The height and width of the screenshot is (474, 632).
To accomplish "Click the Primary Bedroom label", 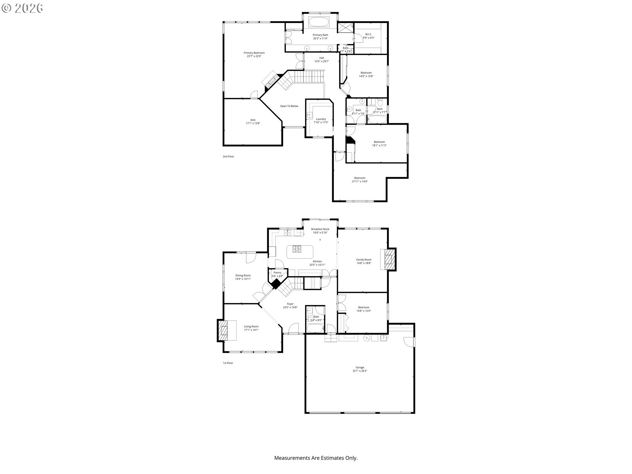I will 254,53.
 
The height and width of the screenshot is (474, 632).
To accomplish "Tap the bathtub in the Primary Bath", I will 318,22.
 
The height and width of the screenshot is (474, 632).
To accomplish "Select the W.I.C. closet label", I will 368,34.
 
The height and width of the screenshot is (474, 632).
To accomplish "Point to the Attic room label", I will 253,120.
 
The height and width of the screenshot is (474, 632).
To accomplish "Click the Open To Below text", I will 289,106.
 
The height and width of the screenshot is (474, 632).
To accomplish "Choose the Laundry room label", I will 321,119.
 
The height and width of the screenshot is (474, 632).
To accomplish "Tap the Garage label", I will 359,367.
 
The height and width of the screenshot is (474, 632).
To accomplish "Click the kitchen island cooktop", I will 296,249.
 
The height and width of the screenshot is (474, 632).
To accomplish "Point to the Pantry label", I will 277,273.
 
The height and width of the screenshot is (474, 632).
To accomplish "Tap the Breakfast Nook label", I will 320,229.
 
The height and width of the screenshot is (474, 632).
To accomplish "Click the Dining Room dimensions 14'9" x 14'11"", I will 243,279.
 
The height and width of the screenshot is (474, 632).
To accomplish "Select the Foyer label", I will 290,304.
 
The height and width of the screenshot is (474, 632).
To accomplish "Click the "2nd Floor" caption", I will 228,156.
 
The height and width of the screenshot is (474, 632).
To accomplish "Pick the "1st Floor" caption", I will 228,363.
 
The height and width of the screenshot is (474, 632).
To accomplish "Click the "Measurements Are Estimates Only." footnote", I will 316,458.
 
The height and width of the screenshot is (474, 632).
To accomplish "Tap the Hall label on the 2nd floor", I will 322,58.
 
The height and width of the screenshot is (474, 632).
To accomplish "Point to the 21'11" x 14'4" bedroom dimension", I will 359,181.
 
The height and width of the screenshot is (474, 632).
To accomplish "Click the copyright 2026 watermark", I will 22,8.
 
